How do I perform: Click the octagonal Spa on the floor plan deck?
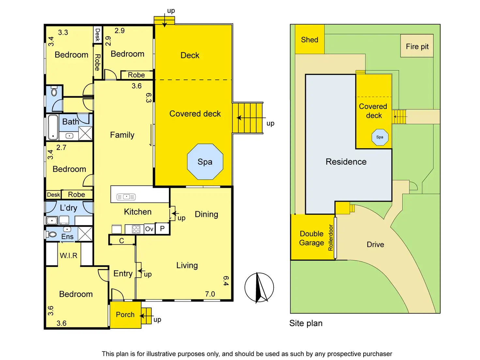point(205,161)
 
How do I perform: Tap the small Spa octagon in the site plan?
point(380,137)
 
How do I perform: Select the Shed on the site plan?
point(309,39)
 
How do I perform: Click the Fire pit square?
point(417,46)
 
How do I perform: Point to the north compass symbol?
point(259,287)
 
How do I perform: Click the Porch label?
point(125,314)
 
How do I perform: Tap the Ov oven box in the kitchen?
point(149,229)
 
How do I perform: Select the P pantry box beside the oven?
point(162,229)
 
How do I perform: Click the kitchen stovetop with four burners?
point(136,229)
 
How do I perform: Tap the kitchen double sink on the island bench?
point(126,197)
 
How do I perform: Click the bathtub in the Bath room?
point(53,127)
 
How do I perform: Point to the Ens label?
point(67,236)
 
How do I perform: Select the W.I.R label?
point(68,255)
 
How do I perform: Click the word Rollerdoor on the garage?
point(330,237)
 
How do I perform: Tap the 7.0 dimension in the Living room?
point(210,294)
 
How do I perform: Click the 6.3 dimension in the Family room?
point(149,98)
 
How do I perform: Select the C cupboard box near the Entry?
point(122,240)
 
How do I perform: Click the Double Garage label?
point(311,238)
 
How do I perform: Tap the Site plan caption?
point(306,323)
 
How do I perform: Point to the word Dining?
point(206,215)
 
